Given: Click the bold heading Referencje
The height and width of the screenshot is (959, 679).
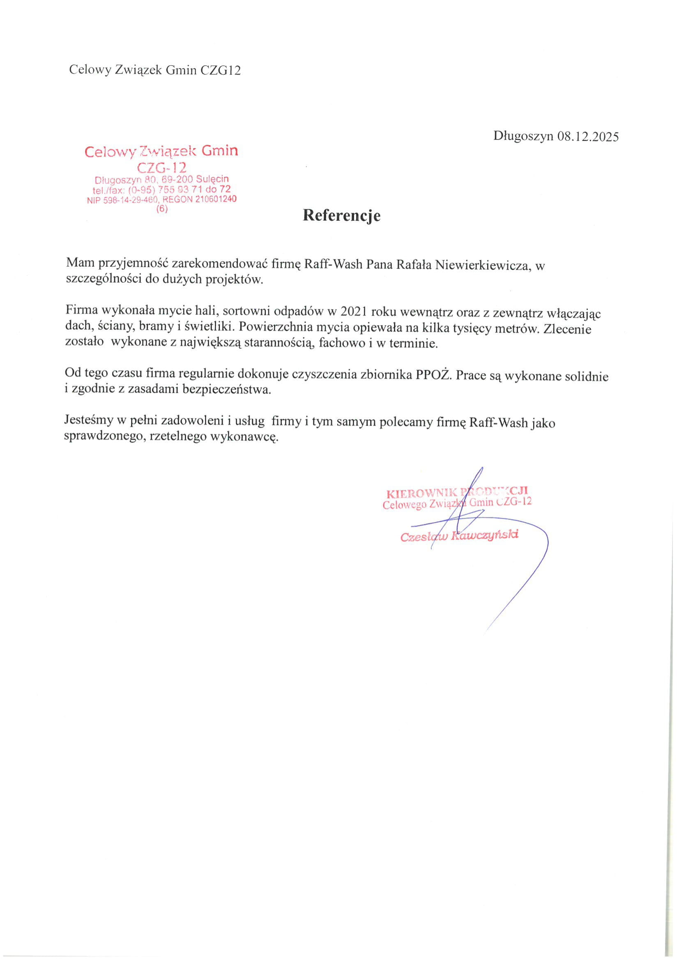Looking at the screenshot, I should (x=342, y=215).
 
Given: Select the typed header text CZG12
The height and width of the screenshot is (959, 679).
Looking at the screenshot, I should (x=221, y=70).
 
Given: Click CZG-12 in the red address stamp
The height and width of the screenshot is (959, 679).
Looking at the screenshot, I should (x=161, y=167).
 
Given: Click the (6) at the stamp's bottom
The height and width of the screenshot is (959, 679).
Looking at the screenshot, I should (x=161, y=209).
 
